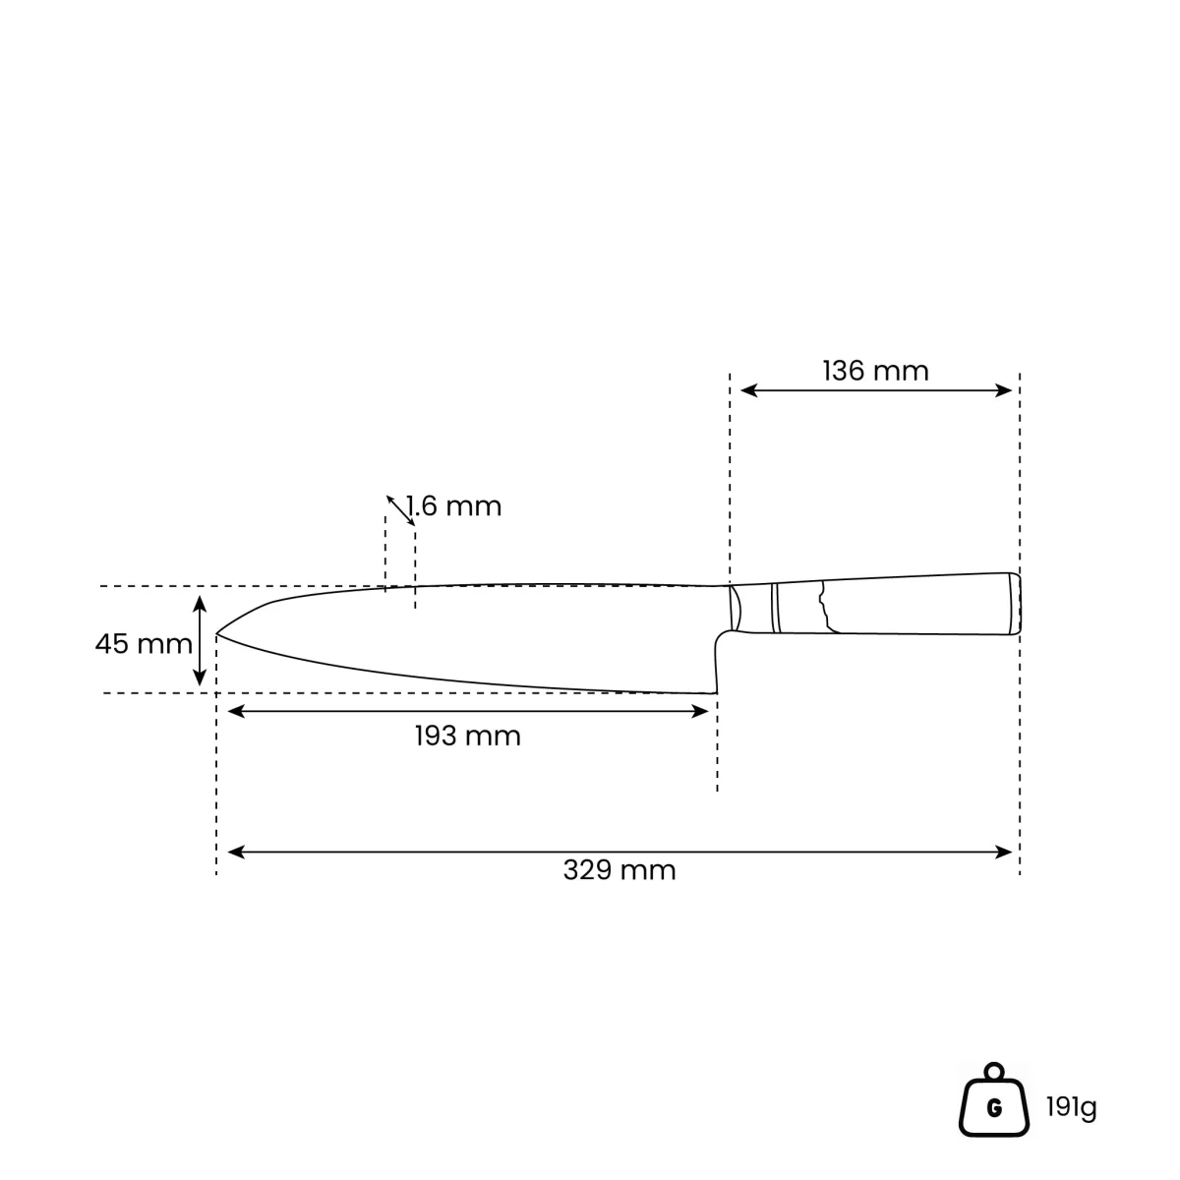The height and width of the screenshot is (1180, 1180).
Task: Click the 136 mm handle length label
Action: click(x=874, y=371)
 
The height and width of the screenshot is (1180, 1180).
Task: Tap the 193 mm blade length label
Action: click(x=467, y=736)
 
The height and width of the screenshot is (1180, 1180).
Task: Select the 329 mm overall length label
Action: click(x=619, y=870)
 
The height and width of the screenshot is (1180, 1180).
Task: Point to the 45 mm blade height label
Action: click(x=144, y=643)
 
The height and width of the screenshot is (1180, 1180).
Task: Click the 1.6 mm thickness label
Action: click(x=453, y=506)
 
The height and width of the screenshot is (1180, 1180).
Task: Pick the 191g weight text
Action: click(x=1071, y=1107)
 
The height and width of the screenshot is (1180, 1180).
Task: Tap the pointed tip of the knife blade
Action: click(x=216, y=634)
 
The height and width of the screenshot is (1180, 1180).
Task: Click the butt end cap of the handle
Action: click(x=1015, y=603)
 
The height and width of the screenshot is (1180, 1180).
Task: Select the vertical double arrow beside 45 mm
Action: click(x=200, y=640)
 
